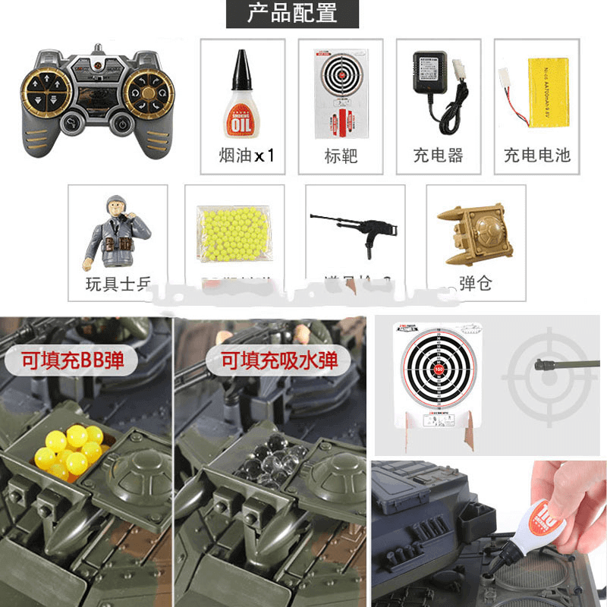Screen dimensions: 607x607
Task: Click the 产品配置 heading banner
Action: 292,14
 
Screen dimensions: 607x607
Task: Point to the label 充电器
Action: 438,156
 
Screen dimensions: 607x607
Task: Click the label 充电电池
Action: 536,156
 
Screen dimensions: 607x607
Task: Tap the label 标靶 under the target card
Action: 340,156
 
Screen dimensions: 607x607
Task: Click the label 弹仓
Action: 476,284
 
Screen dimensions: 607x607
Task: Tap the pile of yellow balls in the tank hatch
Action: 71,450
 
